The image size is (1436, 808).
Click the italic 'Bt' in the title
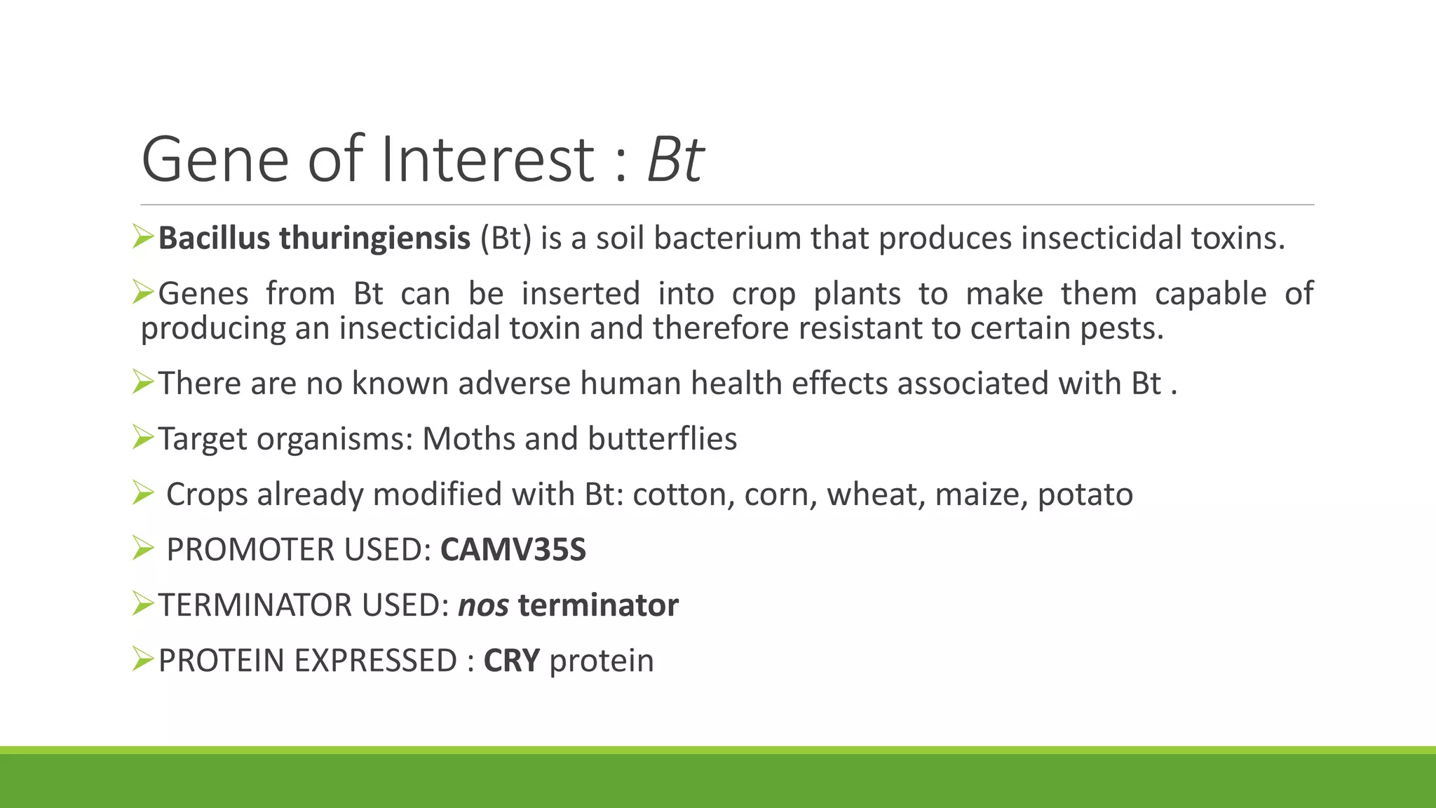point(675,160)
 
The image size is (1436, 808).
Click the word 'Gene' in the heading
point(215,160)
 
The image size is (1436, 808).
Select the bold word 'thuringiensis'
point(374,238)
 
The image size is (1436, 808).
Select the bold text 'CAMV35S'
point(513,550)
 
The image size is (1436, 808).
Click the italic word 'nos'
point(483,605)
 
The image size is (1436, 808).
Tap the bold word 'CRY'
point(512,661)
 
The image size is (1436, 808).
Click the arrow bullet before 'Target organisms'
point(142,438)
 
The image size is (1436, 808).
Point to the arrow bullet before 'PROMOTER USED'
point(142,548)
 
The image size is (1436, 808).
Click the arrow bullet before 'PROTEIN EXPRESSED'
point(142,659)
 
